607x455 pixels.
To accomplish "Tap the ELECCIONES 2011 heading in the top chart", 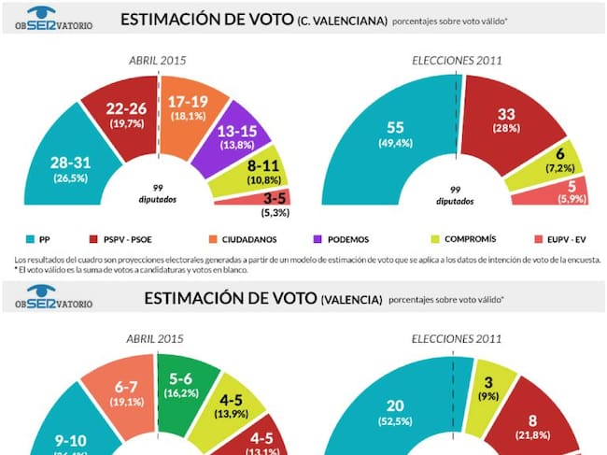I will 458,61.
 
